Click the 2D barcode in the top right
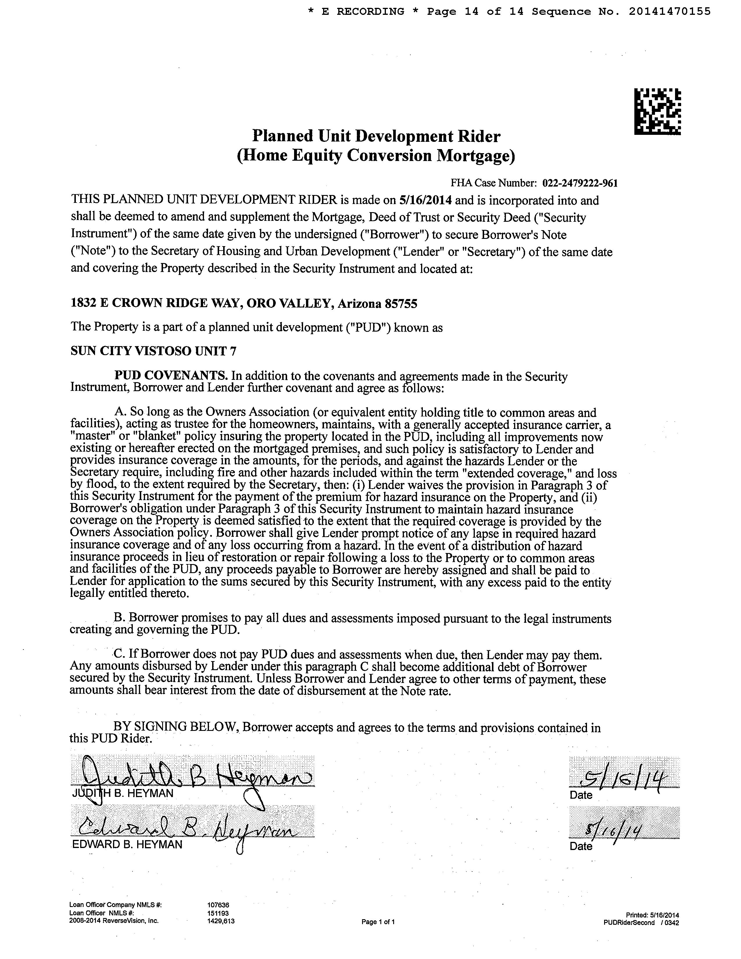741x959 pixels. [657, 112]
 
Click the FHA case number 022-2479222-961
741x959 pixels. [580, 183]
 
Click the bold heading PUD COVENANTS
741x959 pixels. [171, 376]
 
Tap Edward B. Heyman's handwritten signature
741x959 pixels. [184, 829]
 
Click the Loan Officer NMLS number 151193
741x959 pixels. [218, 913]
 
